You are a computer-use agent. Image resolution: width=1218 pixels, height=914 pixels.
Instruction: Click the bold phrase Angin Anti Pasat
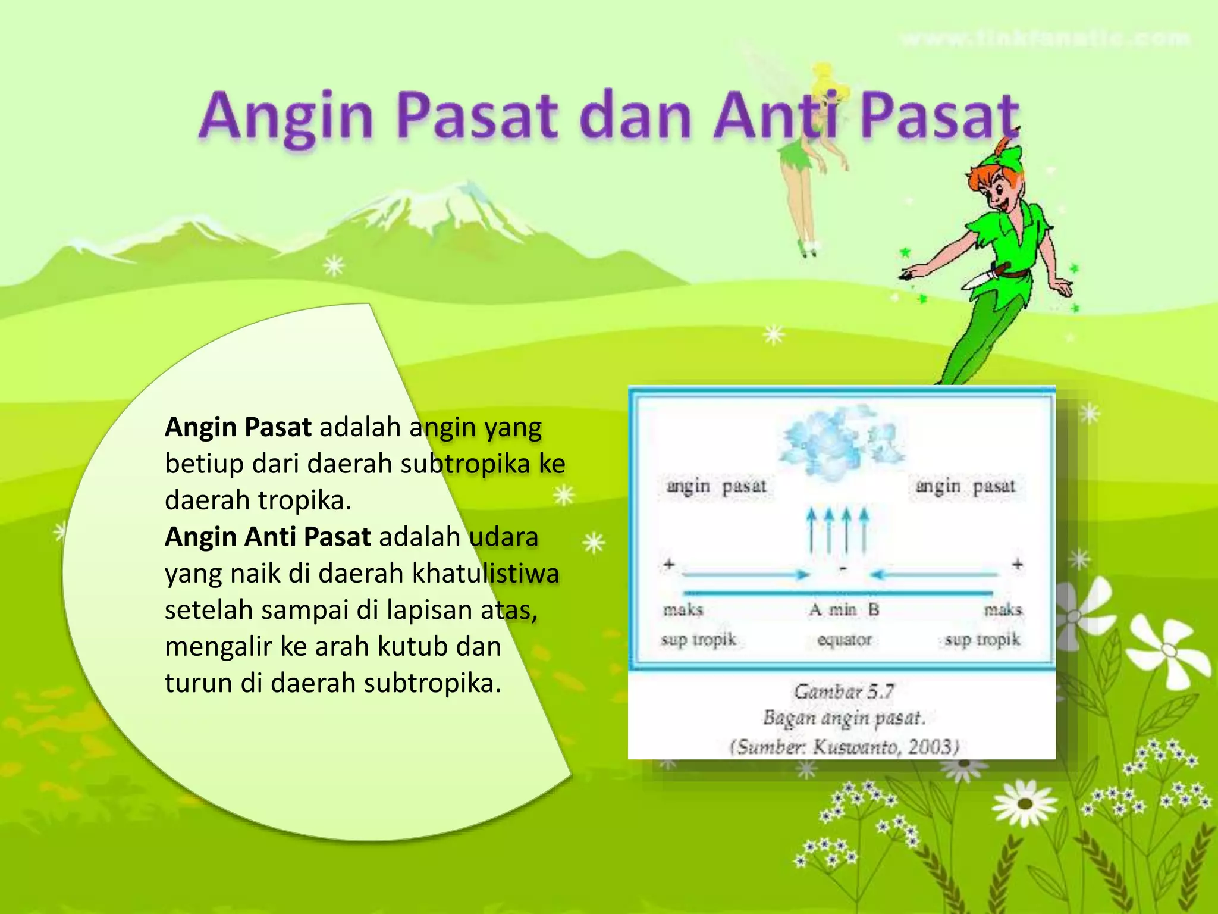(x=268, y=537)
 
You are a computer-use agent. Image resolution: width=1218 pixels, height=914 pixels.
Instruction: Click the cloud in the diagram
(x=839, y=440)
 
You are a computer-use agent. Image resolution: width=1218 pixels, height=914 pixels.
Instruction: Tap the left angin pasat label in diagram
(x=716, y=486)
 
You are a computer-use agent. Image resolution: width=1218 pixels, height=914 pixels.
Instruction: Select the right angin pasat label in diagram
(x=965, y=486)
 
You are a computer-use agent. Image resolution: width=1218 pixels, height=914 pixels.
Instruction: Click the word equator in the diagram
(x=844, y=640)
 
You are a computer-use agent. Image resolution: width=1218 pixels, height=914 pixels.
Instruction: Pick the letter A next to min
(x=815, y=609)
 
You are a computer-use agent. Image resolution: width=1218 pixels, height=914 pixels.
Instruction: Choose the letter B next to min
(x=873, y=609)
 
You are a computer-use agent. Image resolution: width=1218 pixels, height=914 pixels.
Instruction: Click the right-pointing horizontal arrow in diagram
(x=746, y=575)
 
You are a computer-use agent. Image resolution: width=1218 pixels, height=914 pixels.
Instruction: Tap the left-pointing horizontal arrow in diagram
(x=934, y=575)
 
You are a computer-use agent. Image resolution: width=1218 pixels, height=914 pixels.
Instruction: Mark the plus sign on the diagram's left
(x=669, y=564)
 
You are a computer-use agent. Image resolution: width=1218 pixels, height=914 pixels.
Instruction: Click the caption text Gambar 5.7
(x=844, y=691)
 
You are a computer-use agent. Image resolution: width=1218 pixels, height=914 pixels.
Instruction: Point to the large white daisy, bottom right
(x=1024, y=803)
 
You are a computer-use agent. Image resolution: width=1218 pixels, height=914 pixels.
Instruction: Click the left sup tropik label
(x=698, y=640)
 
